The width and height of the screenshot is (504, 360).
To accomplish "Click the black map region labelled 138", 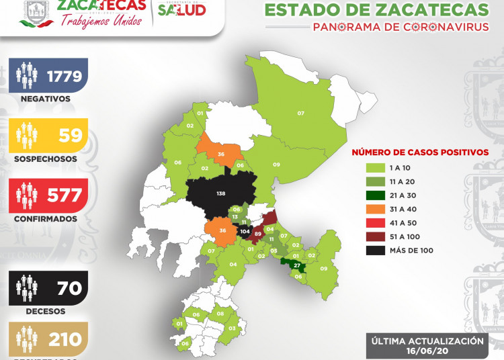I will tap(222, 193).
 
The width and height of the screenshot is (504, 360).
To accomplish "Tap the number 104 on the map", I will tap(244, 231).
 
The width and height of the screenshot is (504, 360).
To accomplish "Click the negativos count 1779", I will tap(65, 76).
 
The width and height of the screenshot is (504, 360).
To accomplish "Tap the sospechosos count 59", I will tap(71, 136).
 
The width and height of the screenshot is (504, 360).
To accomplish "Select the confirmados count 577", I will tap(65, 195).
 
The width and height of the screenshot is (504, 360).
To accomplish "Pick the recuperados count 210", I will tap(65, 339).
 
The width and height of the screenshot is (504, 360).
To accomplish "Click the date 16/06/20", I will tap(426, 351).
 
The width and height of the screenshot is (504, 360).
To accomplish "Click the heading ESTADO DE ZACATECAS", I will tap(376, 10).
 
